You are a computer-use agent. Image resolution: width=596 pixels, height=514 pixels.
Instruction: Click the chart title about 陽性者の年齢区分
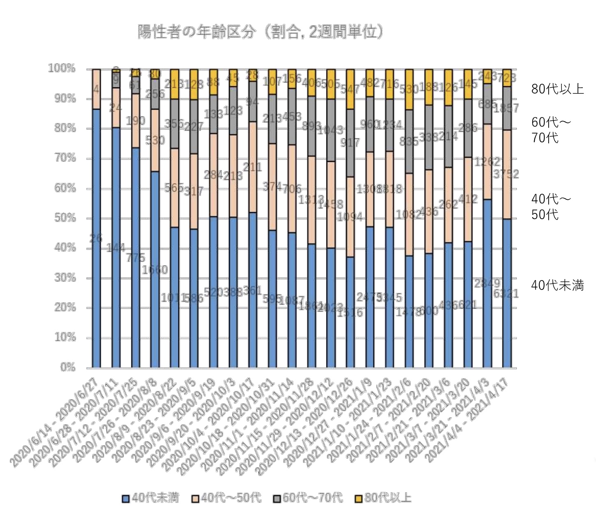coord(260,32)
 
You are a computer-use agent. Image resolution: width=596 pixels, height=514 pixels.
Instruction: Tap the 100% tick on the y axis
coord(62,68)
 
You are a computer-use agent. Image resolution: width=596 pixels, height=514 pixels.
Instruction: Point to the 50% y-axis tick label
coord(65,218)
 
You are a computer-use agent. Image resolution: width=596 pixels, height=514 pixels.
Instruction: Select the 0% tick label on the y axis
coord(68,367)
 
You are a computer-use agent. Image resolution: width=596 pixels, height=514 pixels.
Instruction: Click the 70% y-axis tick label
coord(65,158)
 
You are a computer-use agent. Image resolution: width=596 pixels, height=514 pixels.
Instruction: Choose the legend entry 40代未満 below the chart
coord(151,498)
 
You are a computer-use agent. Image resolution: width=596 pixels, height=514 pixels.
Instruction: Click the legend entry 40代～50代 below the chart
coord(227,498)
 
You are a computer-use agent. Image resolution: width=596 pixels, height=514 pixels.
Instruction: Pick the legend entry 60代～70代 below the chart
coord(308,498)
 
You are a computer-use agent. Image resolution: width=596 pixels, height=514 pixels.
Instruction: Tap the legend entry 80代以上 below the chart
coord(383,498)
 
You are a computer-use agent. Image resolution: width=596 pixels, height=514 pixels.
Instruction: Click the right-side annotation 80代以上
coord(557,89)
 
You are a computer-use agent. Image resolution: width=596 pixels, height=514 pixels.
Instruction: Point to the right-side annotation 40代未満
coord(557,285)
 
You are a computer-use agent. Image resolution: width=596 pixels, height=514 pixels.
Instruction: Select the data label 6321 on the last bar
coord(506,294)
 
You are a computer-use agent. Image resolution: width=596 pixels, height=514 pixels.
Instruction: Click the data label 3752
coord(506,174)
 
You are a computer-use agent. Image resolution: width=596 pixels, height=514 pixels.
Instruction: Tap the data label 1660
coord(155,270)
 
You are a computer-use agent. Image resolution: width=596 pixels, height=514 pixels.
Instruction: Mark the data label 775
coord(135,258)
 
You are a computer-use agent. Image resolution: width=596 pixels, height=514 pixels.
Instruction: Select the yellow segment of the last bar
coord(507,78)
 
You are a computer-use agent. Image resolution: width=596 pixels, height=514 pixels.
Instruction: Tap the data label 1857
coord(506,108)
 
